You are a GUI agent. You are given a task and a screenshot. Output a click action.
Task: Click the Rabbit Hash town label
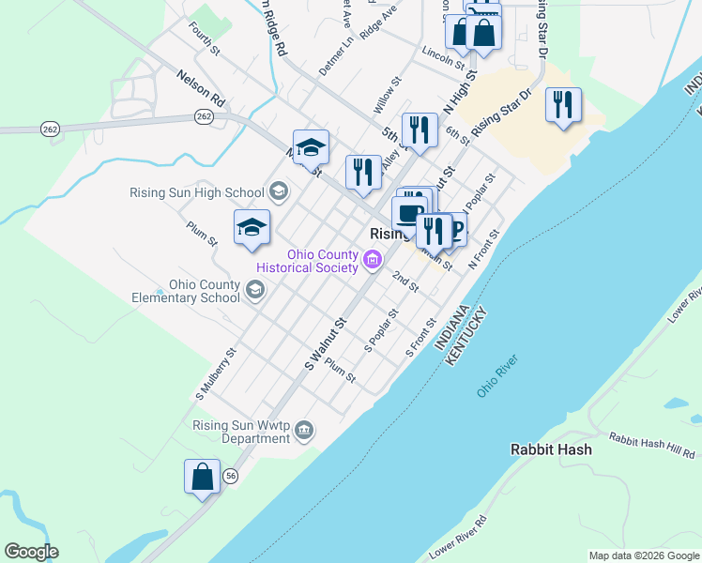pos(551,449)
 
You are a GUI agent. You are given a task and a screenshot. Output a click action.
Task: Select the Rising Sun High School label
pos(200,193)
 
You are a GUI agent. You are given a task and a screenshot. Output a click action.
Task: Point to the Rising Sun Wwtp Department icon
pos(303,431)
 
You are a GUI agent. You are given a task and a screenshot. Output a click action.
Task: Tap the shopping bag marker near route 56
pos(203,476)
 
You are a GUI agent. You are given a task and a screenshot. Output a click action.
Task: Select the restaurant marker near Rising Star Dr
pos(562,104)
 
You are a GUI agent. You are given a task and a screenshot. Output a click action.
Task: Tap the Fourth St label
pos(203,38)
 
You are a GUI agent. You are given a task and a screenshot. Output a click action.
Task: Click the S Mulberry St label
pos(216,374)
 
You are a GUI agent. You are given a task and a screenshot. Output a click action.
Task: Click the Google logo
pos(31,552)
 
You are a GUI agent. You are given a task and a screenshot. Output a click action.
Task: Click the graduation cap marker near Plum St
pos(252,226)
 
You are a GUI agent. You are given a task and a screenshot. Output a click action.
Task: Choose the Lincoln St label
pos(443,56)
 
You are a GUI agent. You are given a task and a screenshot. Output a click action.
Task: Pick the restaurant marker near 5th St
pos(419,129)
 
